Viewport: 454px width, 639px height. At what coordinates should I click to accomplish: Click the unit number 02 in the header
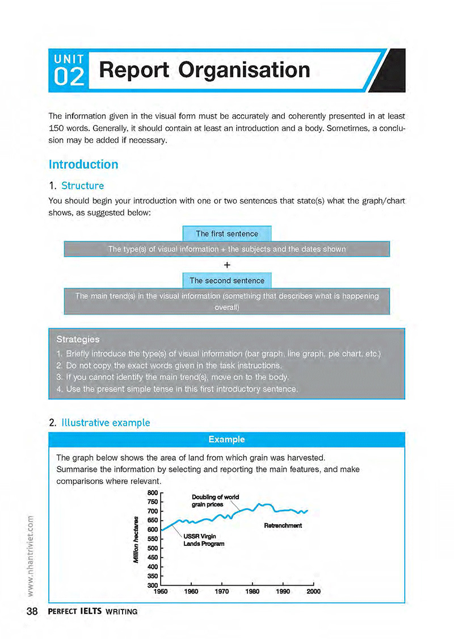coord(70,77)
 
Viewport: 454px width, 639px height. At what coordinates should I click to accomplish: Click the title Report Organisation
coord(204,70)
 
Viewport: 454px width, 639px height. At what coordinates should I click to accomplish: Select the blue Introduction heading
coord(83,165)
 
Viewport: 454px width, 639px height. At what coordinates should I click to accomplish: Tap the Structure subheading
coord(82,186)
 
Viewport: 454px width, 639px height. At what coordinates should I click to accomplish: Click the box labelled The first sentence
coord(226,233)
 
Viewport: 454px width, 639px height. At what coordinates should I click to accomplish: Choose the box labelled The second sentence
coord(226,281)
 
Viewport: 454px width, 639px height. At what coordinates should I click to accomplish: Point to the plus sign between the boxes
coord(227,265)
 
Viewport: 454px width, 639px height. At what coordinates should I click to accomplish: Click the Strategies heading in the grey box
coord(78,339)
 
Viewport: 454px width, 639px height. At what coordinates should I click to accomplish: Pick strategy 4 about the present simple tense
coord(177,389)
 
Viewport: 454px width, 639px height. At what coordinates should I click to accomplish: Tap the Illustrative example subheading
coord(106,423)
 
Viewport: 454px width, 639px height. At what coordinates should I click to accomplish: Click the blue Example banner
coord(226,439)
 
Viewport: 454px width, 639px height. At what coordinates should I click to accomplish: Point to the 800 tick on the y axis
coord(152,493)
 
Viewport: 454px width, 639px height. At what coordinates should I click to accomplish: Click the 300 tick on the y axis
coord(152,585)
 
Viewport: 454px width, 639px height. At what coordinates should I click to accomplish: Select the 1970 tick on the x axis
coord(222,592)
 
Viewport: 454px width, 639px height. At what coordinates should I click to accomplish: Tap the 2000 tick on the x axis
coord(313,592)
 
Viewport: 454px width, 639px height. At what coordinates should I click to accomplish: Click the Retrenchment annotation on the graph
coord(283,525)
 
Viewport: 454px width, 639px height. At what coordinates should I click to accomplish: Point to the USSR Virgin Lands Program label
coord(204,540)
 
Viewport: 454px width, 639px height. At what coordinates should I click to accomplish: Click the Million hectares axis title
coord(136,540)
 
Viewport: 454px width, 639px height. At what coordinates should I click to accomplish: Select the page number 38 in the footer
coord(31,612)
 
